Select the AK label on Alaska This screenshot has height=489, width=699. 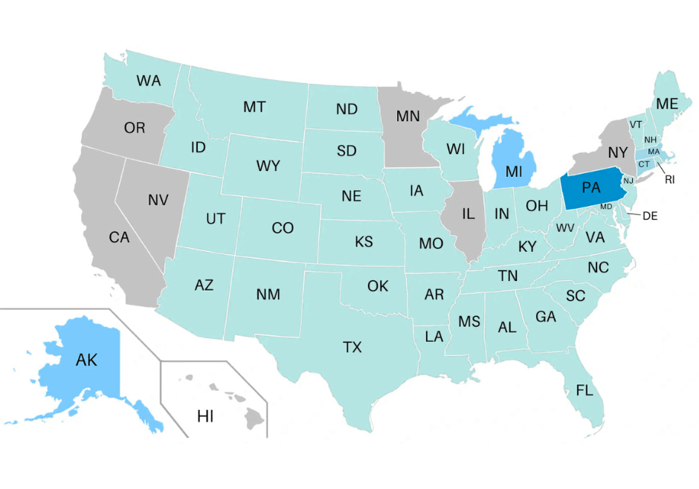[87, 360]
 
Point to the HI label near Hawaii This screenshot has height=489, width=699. [205, 416]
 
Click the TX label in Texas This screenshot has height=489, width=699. [352, 347]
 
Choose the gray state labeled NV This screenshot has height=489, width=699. [158, 200]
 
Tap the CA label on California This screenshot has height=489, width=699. [119, 238]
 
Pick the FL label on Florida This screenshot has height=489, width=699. [584, 390]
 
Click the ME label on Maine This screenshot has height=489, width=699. [666, 104]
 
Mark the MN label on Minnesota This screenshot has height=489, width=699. [408, 116]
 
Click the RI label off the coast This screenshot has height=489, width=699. [670, 179]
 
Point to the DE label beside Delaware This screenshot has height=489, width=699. [650, 216]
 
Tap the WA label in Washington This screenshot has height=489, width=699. [149, 80]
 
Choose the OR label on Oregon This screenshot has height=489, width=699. [135, 128]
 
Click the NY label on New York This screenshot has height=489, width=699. [618, 152]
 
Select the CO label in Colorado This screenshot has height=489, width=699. [283, 228]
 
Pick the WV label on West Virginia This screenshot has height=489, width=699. [564, 227]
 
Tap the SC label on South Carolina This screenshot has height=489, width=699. [575, 296]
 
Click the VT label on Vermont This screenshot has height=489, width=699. [636, 124]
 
